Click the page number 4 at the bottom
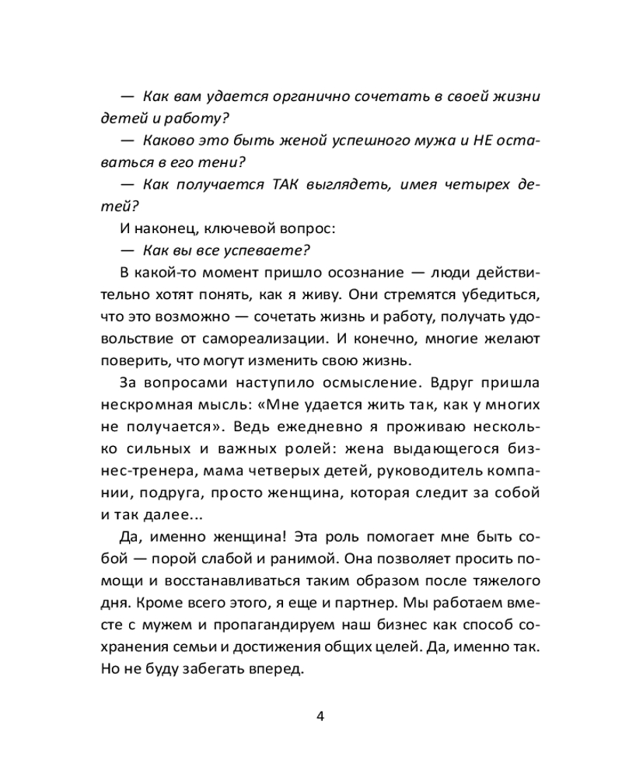click(x=320, y=716)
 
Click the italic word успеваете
click(x=269, y=249)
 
